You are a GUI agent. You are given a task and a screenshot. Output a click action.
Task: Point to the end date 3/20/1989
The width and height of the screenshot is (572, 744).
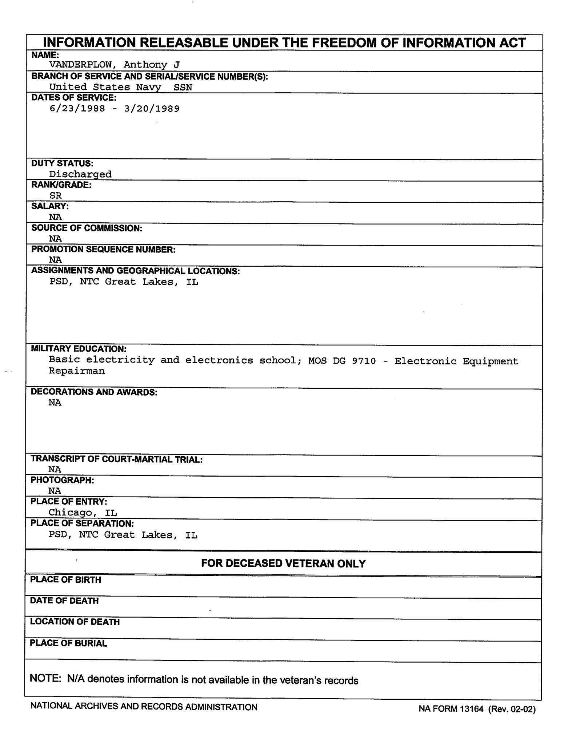coord(152,109)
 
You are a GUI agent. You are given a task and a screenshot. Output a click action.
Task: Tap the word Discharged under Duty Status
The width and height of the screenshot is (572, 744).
coord(80,174)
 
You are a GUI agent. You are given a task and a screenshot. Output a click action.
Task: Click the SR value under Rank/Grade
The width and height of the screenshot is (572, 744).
coord(55,195)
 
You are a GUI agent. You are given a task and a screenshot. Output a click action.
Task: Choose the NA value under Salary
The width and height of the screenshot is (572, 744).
coord(55,217)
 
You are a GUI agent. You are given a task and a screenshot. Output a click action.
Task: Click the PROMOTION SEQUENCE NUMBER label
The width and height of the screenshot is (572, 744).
coord(103,250)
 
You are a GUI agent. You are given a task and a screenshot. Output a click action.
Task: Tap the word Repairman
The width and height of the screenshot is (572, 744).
coord(77,371)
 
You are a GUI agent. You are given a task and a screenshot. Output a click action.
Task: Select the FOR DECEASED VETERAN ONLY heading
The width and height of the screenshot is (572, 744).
coord(283,563)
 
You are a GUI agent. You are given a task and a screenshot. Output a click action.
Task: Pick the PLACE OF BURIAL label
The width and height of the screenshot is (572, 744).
coord(68,643)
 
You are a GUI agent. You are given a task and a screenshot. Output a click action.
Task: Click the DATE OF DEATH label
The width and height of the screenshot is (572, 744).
coord(64,601)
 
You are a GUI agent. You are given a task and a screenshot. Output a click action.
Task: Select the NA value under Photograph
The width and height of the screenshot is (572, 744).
coord(55,491)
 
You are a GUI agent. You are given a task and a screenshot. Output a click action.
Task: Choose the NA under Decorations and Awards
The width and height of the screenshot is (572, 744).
coord(55,403)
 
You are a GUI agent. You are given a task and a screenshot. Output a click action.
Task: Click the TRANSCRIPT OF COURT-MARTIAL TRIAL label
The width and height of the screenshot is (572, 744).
coord(116,459)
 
